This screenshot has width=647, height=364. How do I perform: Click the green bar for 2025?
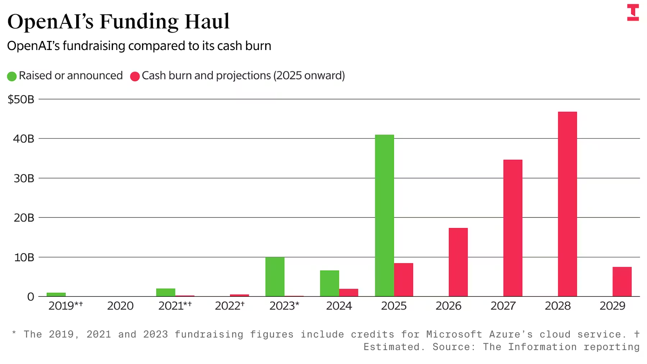[384, 215]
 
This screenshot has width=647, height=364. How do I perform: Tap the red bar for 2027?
[513, 228]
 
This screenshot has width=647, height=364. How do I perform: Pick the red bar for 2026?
[458, 262]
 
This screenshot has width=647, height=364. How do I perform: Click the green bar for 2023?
[275, 277]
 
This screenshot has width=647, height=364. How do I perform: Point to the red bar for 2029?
[622, 282]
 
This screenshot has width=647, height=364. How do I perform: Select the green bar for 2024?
[329, 283]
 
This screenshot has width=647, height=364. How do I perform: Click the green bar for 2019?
[56, 295]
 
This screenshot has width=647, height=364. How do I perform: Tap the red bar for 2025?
[403, 280]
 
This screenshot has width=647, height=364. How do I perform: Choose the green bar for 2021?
[166, 292]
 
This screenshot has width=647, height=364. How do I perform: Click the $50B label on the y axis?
[21, 99]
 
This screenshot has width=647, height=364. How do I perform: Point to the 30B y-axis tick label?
[24, 178]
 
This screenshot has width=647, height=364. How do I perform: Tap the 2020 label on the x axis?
[120, 306]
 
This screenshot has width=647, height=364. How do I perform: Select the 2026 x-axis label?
[448, 306]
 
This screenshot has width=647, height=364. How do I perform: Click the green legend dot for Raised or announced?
[12, 76]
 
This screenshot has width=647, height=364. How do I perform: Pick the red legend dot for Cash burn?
[135, 76]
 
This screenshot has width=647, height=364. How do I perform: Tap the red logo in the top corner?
[633, 12]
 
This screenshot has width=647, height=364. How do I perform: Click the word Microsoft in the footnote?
[454, 334]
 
